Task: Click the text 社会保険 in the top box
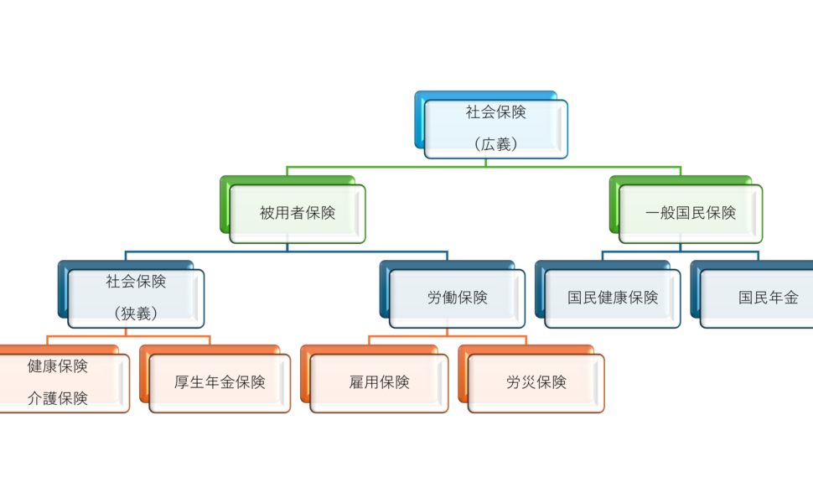[495, 113]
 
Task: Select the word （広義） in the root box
[495, 144]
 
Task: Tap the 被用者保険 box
[298, 214]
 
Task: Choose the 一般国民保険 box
[691, 214]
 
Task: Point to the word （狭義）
[136, 314]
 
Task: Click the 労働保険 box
[457, 298]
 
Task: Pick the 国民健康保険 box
[613, 298]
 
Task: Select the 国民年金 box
[767, 298]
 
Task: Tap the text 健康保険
[57, 366]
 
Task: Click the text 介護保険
[57, 399]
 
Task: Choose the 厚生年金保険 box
[220, 383]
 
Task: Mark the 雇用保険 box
[379, 383]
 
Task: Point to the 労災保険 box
[536, 383]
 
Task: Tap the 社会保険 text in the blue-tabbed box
[136, 282]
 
